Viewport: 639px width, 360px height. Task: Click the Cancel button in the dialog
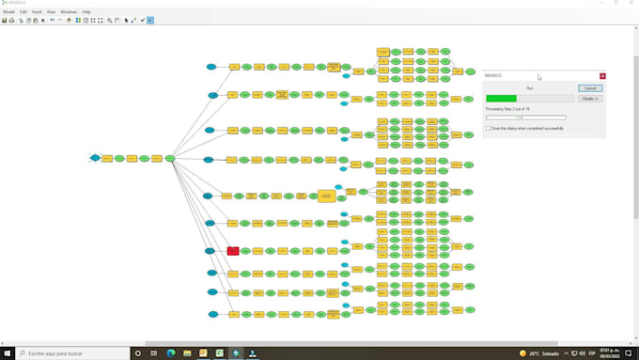590,88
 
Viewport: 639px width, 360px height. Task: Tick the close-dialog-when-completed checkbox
488,128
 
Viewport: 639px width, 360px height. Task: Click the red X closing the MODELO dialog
602,75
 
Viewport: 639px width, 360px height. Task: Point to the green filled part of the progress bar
501,98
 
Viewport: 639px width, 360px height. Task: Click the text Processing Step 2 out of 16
507,109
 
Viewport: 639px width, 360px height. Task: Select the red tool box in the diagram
233,251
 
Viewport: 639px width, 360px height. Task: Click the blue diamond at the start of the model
95,158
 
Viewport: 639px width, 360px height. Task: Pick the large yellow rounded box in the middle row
326,196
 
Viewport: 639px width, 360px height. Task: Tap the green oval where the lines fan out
170,159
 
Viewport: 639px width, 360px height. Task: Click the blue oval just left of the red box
210,251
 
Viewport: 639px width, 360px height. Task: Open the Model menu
8,11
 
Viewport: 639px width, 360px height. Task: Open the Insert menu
37,11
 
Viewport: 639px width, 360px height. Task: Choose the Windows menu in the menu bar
69,11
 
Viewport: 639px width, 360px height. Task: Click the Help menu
86,11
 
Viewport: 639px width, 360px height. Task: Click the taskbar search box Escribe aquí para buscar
66,353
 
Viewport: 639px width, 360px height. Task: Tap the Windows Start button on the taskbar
7,353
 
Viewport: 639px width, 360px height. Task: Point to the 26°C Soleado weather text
545,353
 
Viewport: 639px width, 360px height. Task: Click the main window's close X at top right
631,3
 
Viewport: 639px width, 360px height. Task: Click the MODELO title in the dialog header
493,75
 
